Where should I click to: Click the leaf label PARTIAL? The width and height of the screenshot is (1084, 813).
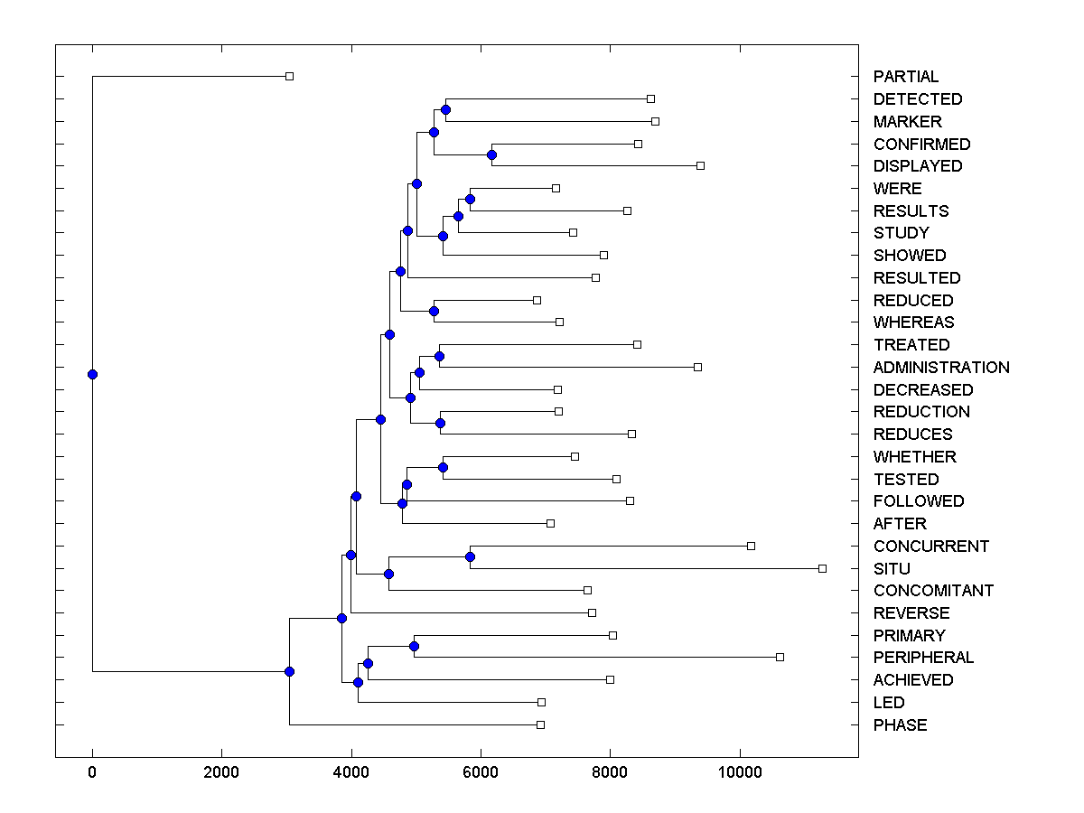coord(905,77)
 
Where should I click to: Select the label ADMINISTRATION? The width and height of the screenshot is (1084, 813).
coord(941,368)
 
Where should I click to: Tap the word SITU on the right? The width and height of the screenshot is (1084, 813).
coord(892,569)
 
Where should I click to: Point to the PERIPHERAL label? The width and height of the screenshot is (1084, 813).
coord(923,658)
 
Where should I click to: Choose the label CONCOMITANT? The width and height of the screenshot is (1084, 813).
coord(933,591)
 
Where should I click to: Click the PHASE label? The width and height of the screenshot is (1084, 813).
coord(900,725)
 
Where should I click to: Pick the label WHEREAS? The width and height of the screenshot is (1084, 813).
coord(913,322)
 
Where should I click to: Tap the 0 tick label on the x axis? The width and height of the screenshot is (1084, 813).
coord(92,771)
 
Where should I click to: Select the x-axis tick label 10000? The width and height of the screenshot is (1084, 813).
coord(740,771)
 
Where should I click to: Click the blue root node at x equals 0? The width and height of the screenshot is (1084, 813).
coord(92,374)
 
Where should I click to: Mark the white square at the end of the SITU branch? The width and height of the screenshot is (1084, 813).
coord(822,568)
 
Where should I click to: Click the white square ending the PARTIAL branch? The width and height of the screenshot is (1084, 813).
coord(289,76)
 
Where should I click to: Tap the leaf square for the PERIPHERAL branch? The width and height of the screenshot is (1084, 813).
coord(780,657)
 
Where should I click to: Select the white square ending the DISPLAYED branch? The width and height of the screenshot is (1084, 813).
coord(700,165)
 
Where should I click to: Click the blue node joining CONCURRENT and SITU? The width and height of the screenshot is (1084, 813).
coord(470,556)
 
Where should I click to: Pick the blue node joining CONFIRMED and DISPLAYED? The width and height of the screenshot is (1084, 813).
coord(491,154)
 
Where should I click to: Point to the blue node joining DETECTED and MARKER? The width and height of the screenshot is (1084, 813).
coord(445,109)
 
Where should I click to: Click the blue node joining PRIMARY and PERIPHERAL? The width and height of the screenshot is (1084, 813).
coord(414,646)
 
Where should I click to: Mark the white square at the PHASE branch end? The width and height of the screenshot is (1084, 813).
coord(540,724)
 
